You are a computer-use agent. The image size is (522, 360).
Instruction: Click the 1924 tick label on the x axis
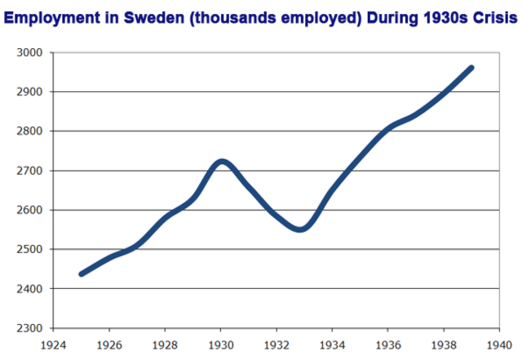(55, 344)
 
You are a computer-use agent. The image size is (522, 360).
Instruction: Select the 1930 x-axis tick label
(221, 344)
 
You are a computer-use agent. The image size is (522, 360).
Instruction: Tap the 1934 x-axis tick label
(332, 344)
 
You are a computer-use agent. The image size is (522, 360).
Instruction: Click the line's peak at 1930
(222, 161)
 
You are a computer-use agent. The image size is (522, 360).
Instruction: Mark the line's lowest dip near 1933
(301, 229)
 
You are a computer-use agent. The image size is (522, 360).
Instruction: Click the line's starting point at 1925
(81, 273)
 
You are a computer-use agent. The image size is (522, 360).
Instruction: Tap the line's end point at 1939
(471, 68)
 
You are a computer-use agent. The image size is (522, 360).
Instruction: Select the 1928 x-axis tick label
(166, 344)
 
